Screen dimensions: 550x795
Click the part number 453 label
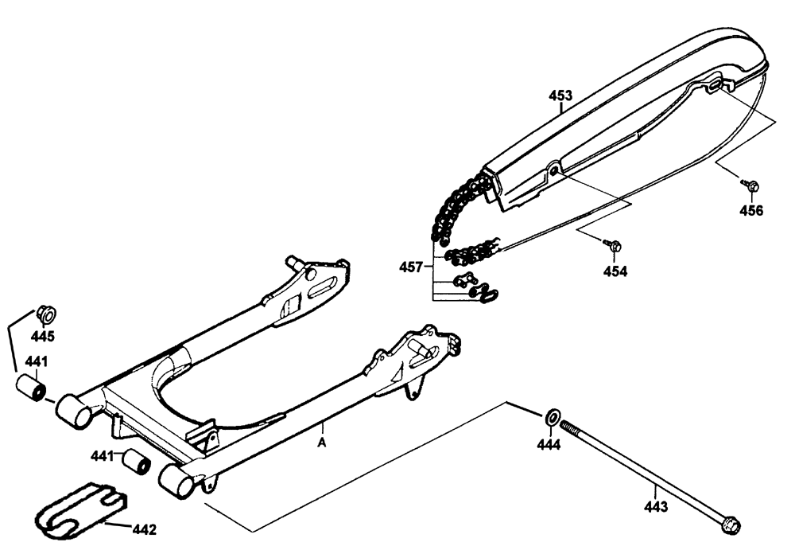pyautogui.click(x=560, y=96)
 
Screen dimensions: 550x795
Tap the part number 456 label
pyautogui.click(x=751, y=211)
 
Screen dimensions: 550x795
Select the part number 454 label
pyautogui.click(x=615, y=271)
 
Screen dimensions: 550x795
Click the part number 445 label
pyautogui.click(x=43, y=335)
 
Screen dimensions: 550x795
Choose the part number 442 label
pyautogui.click(x=144, y=529)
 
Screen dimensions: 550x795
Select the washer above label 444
pyautogui.click(x=551, y=417)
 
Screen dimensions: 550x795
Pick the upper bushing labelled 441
pyautogui.click(x=33, y=390)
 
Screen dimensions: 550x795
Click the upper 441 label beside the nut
pyautogui.click(x=36, y=362)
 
